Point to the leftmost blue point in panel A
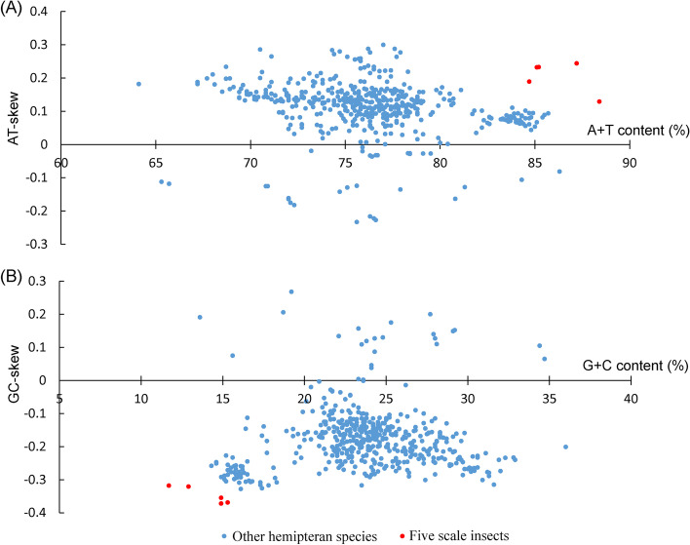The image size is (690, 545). (138, 84)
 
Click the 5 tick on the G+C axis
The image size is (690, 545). (60, 398)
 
